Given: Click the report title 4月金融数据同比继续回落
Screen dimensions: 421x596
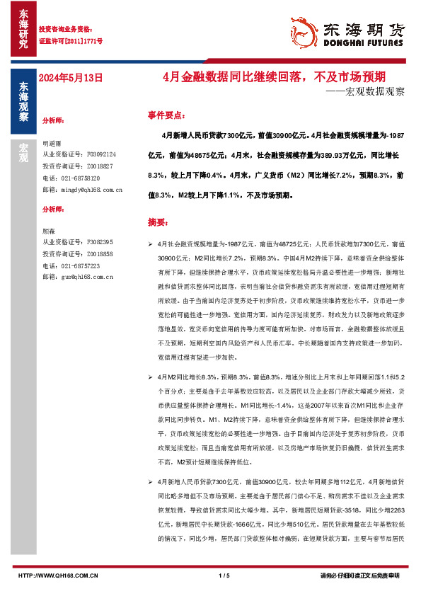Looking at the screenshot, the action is click(x=283, y=76).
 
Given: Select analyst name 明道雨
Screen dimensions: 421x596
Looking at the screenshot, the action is click(x=52, y=142).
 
